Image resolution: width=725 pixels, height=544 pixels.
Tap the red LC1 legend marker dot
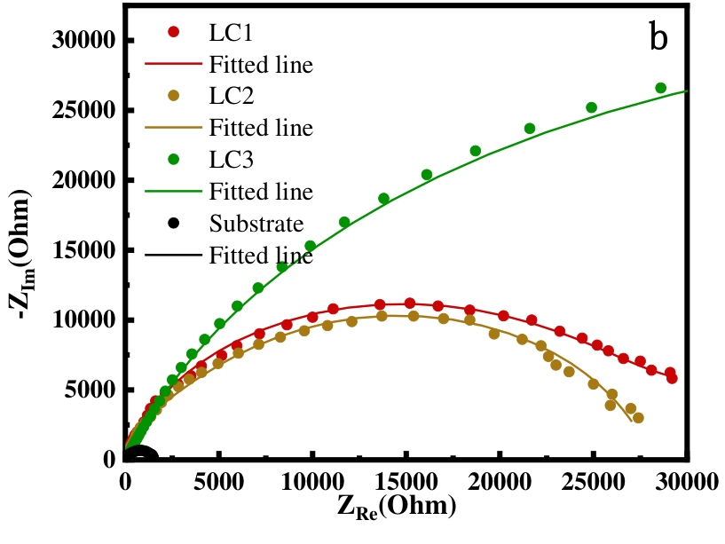[173, 32]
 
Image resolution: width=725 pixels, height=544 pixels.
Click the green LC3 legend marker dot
[173, 160]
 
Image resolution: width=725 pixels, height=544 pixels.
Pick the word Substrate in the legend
[256, 223]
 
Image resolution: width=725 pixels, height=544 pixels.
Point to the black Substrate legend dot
[173, 223]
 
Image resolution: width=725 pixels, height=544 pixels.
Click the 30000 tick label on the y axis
[82, 41]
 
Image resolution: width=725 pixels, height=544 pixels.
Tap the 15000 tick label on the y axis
[82, 250]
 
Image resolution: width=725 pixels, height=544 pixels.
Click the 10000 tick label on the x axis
[312, 482]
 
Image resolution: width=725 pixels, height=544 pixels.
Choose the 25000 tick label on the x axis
[594, 482]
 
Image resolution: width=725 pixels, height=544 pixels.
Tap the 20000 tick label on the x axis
[500, 482]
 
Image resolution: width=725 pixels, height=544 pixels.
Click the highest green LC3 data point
[660, 88]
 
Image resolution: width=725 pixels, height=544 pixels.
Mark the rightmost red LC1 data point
[672, 378]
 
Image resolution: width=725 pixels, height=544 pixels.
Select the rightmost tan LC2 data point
[638, 417]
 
